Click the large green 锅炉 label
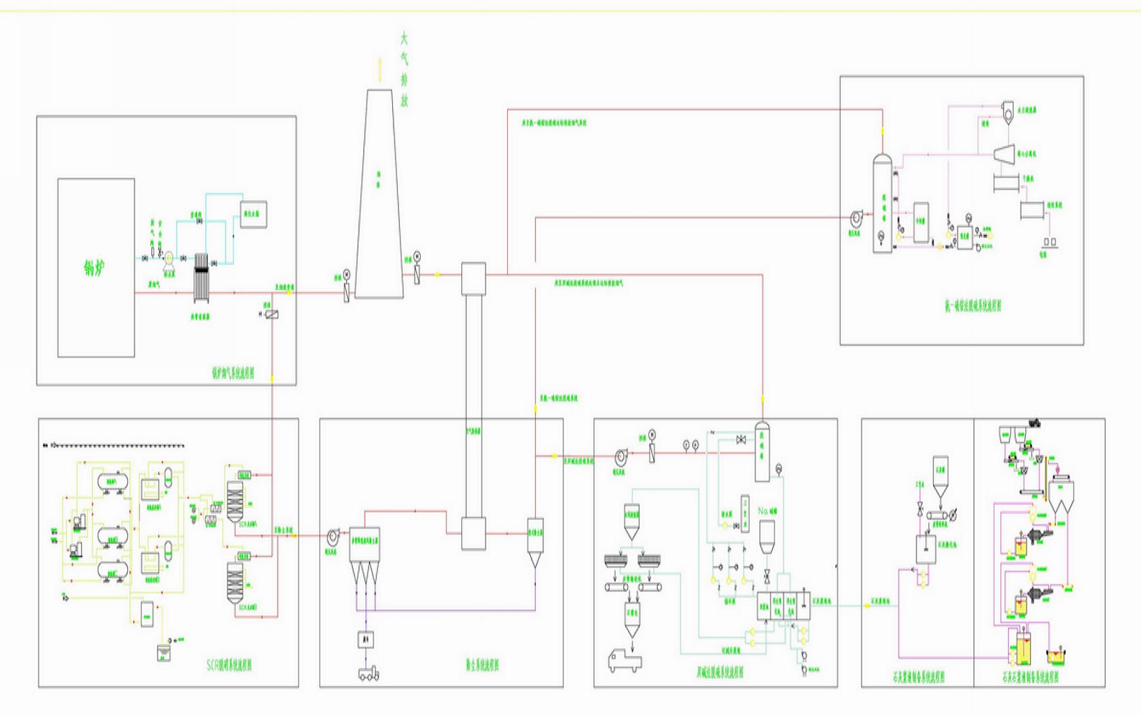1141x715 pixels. coord(96,269)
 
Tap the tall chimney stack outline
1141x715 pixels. coord(378,194)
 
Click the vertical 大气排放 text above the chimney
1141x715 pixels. coord(404,69)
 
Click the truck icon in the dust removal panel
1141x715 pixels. coord(368,674)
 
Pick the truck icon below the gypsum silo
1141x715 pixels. coord(624,660)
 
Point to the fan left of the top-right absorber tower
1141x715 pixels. coord(855,217)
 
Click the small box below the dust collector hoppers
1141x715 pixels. coord(367,639)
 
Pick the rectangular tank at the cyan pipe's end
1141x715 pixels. coord(253,214)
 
